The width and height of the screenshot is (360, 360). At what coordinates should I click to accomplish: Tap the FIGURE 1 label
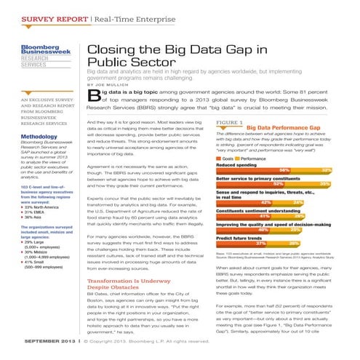(230, 121)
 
